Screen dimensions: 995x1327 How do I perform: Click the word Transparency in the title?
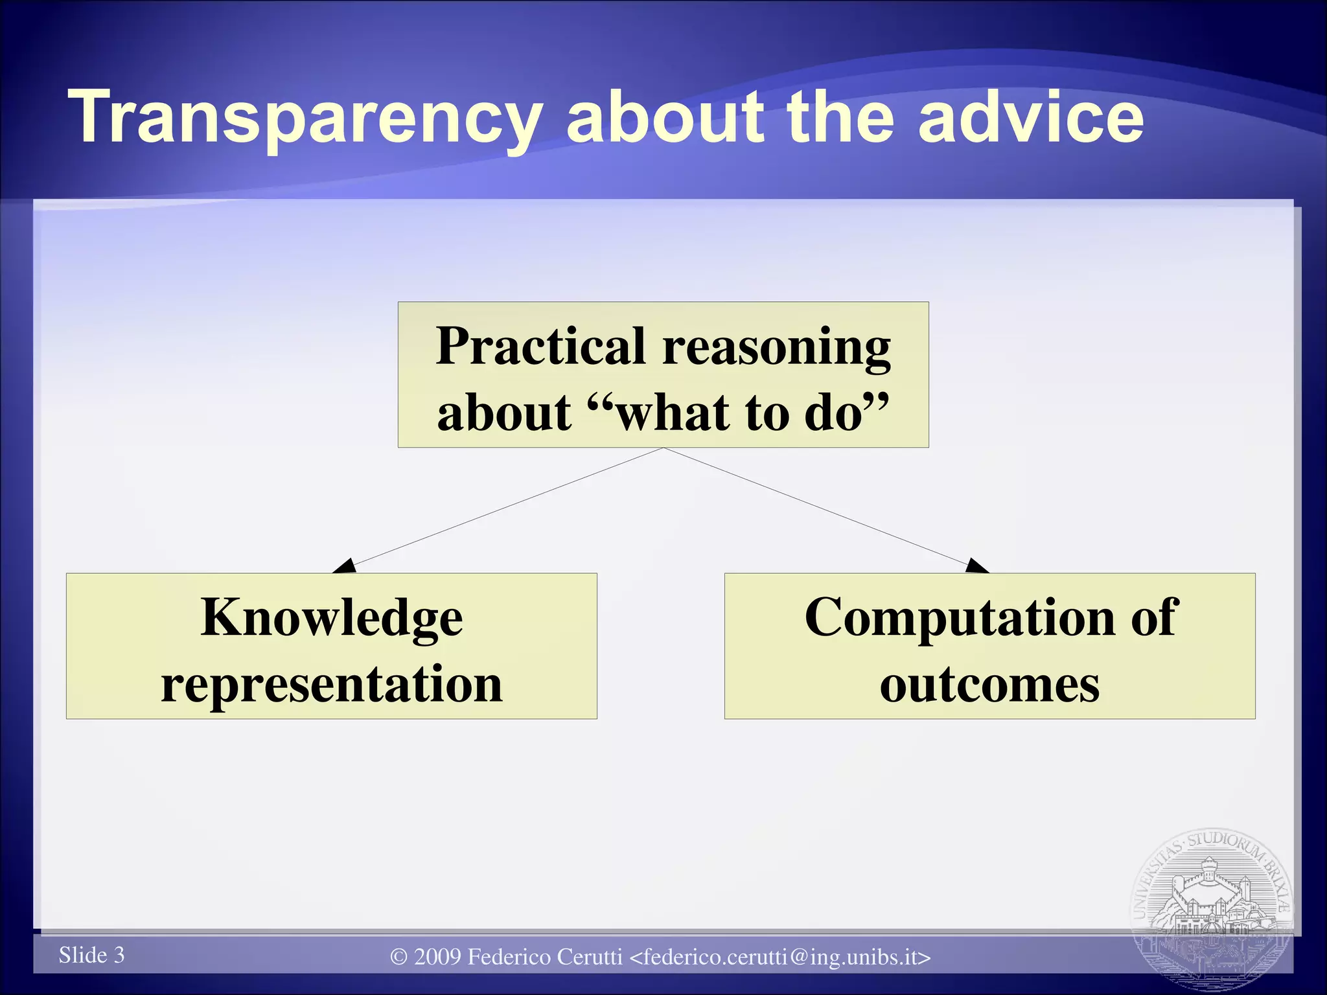coord(305,118)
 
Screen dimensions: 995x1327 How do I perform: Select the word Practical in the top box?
coord(541,347)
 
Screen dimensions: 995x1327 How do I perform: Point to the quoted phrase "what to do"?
coord(739,413)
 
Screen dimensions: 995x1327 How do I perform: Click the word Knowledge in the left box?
coord(332,617)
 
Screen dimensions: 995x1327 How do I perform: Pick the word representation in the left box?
coord(332,685)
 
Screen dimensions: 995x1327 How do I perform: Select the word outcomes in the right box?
coord(989,685)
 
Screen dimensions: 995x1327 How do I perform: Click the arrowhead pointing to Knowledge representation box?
coord(345,566)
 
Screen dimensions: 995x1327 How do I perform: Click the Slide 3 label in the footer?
coord(91,955)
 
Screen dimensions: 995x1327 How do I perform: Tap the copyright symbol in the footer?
coord(399,957)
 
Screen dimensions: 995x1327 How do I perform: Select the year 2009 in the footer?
coord(437,957)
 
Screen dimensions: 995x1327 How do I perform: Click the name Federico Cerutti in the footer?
coord(544,957)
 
